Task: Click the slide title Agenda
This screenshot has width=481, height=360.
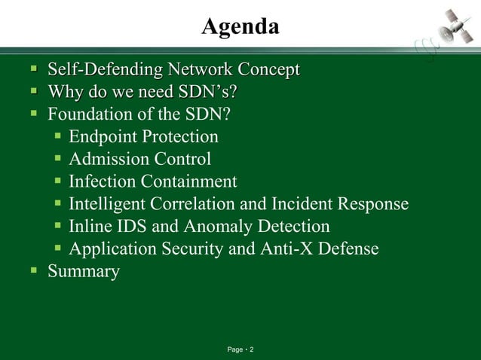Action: pyautogui.click(x=240, y=27)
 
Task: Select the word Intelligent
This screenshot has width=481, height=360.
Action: pyautogui.click(x=106, y=204)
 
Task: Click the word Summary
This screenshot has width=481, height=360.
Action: pyautogui.click(x=83, y=272)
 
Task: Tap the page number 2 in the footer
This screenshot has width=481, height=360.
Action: pyautogui.click(x=252, y=350)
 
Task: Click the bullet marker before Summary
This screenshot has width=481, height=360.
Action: pyautogui.click(x=33, y=271)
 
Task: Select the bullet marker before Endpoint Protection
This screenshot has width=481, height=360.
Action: pyautogui.click(x=58, y=137)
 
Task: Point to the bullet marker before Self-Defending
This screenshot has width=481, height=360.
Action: pyautogui.click(x=33, y=70)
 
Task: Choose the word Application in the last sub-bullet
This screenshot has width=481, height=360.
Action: pyautogui.click(x=110, y=249)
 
